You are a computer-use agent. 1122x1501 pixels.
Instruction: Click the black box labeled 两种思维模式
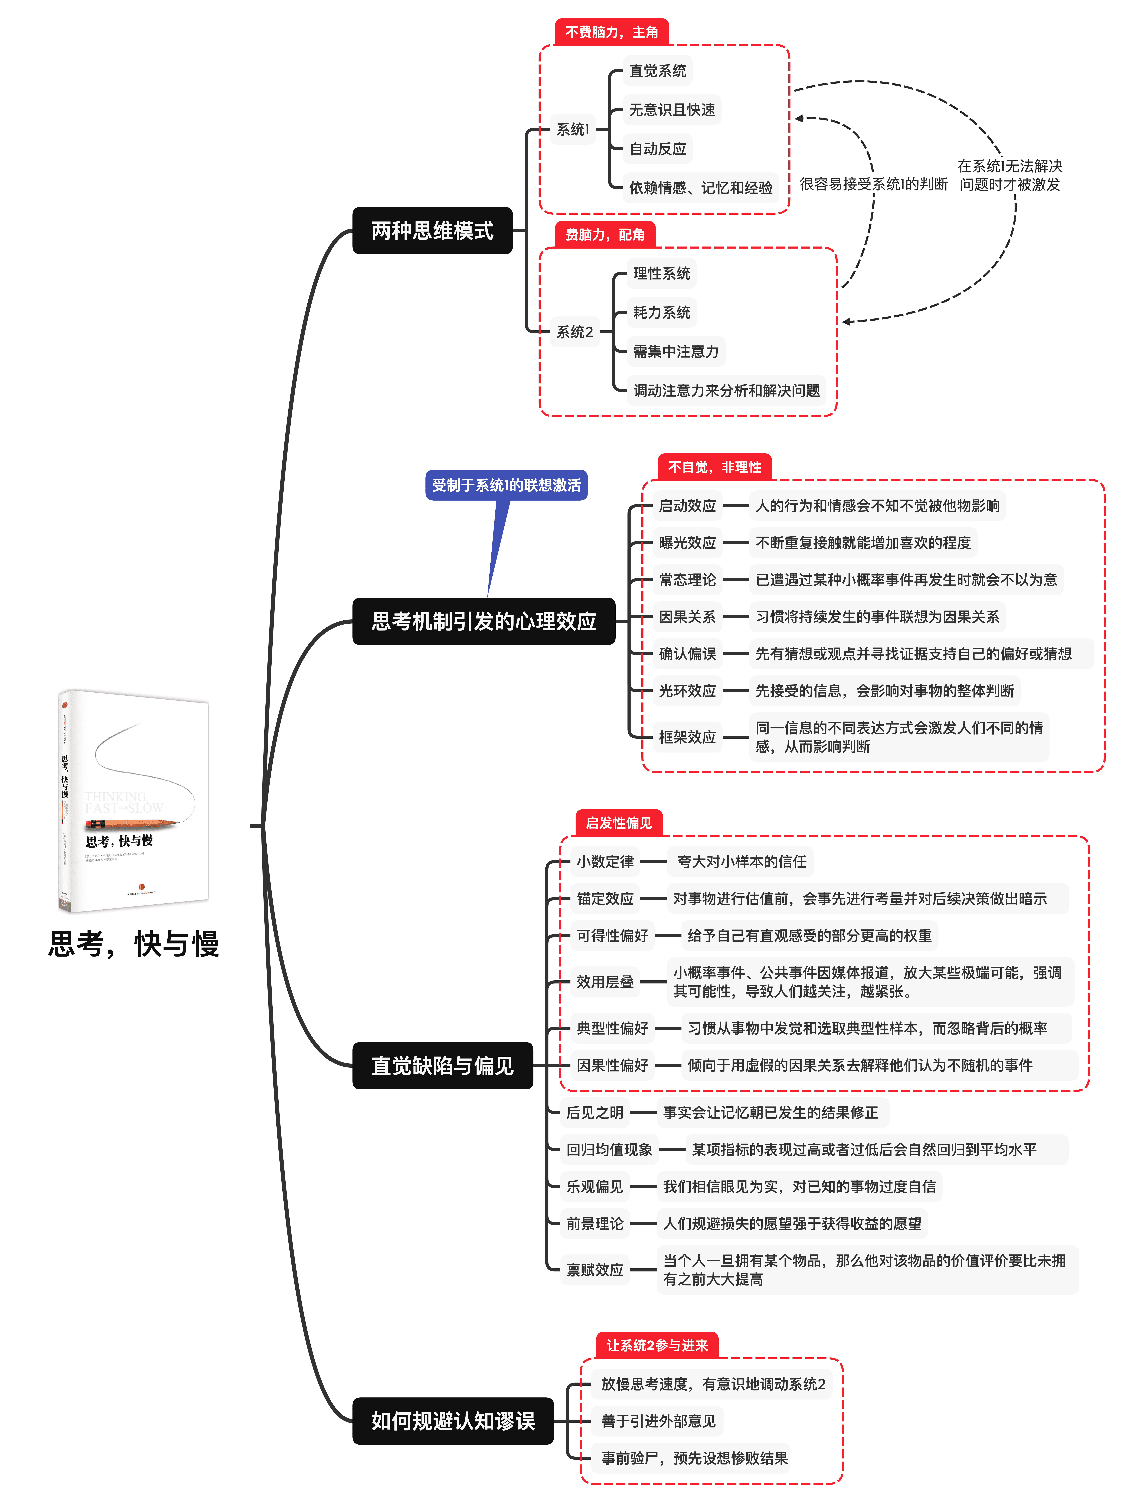pyautogui.click(x=432, y=231)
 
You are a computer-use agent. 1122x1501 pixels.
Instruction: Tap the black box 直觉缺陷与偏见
pyautogui.click(x=442, y=1065)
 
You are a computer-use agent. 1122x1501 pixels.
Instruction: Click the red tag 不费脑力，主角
pyautogui.click(x=611, y=32)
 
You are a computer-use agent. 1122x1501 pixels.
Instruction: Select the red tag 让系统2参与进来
pyautogui.click(x=657, y=1345)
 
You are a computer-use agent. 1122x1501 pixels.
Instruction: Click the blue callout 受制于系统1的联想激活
pyautogui.click(x=506, y=485)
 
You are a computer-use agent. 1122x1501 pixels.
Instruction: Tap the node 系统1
pyautogui.click(x=572, y=129)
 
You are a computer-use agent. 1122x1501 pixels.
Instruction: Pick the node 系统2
pyautogui.click(x=575, y=332)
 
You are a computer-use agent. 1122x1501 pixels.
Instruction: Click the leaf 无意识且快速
pyautogui.click(x=672, y=110)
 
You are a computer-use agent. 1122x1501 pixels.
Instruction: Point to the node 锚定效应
pyautogui.click(x=604, y=898)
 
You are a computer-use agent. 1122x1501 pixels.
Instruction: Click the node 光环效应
pyautogui.click(x=687, y=691)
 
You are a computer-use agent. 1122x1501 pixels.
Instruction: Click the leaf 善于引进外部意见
pyautogui.click(x=658, y=1421)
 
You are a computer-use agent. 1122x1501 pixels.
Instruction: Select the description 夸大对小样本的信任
pyautogui.click(x=741, y=862)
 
